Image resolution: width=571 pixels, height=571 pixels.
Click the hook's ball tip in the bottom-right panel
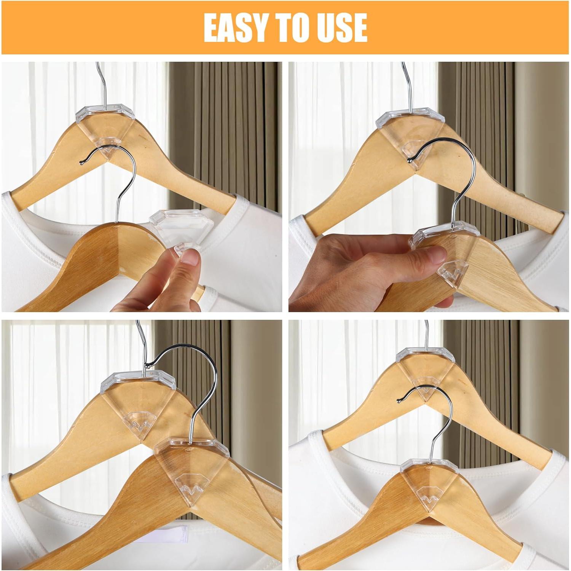(399, 400)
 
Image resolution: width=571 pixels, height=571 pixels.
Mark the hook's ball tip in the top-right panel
(409, 160)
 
